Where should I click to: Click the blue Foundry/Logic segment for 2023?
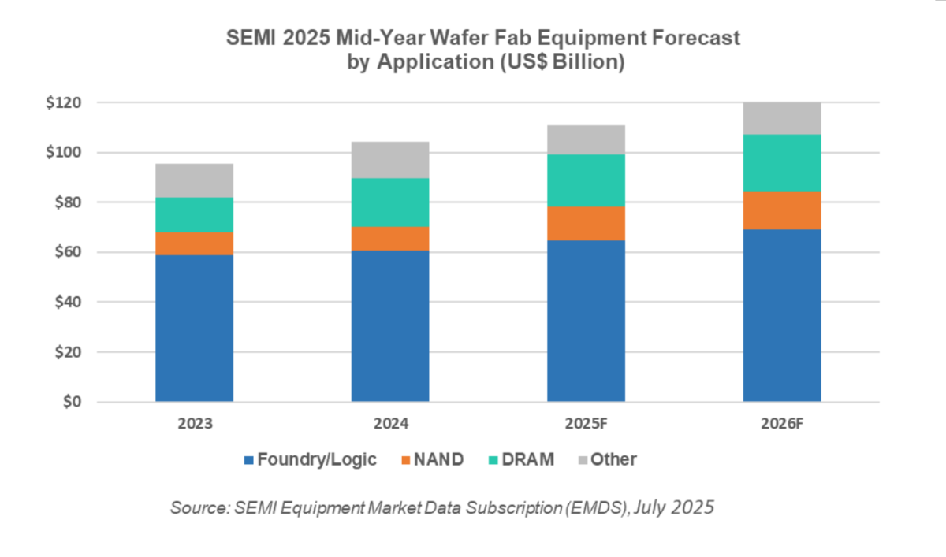pyautogui.click(x=194, y=328)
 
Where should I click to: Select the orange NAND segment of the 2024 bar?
pyautogui.click(x=389, y=238)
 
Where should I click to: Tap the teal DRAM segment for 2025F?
pyautogui.click(x=586, y=180)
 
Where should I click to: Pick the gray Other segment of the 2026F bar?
pyautogui.click(x=781, y=118)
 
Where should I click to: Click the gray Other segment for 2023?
pyautogui.click(x=194, y=180)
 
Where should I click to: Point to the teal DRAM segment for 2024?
pyautogui.click(x=389, y=202)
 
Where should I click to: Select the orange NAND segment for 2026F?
pyautogui.click(x=781, y=210)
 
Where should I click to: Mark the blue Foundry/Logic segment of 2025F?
pyautogui.click(x=586, y=321)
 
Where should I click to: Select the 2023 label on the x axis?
pyautogui.click(x=194, y=424)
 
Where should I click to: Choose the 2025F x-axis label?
pyautogui.click(x=586, y=424)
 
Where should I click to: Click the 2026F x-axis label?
pyautogui.click(x=781, y=424)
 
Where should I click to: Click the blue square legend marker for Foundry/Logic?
pyautogui.click(x=249, y=459)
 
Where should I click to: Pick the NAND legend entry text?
pyautogui.click(x=438, y=459)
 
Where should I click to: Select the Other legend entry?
pyautogui.click(x=613, y=459)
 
